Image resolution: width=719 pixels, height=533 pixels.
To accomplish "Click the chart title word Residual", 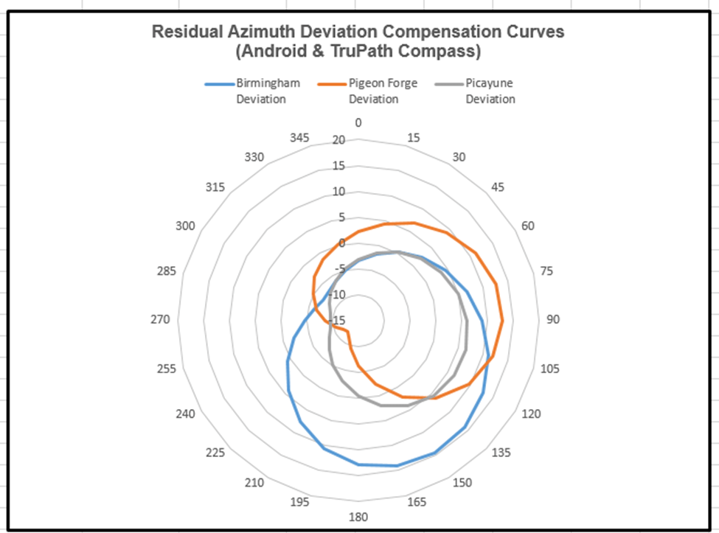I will (182, 32).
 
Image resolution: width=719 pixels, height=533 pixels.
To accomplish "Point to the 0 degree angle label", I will (358, 123).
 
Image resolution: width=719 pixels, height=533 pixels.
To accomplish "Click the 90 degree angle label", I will (553, 319).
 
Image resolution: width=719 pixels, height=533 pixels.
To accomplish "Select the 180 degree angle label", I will (358, 517).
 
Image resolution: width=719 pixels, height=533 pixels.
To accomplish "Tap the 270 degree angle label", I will (161, 319).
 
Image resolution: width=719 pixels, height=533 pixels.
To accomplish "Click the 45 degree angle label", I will (498, 187).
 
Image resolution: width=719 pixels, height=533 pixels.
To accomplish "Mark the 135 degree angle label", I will (501, 453).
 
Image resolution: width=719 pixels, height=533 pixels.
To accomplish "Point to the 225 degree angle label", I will (215, 453).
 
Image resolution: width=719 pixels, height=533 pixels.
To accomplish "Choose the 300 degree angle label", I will (186, 226).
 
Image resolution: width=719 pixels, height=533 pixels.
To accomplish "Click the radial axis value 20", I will (338, 141).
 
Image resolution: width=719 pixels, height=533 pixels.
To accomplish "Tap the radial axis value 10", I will (338, 192).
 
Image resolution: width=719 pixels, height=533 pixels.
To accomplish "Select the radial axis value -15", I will (338, 320).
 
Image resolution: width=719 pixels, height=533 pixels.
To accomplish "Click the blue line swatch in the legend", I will (219, 84).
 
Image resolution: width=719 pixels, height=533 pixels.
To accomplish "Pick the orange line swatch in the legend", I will (333, 84).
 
